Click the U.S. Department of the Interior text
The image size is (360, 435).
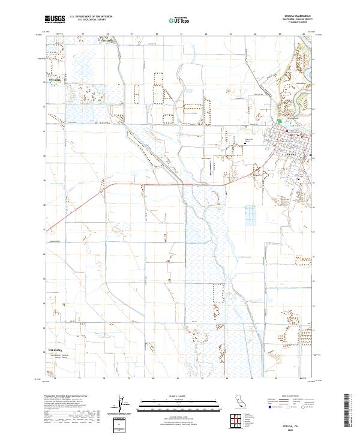(91, 17)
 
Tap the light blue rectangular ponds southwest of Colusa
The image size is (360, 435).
(250, 215)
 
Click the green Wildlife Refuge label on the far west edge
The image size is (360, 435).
(55, 78)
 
